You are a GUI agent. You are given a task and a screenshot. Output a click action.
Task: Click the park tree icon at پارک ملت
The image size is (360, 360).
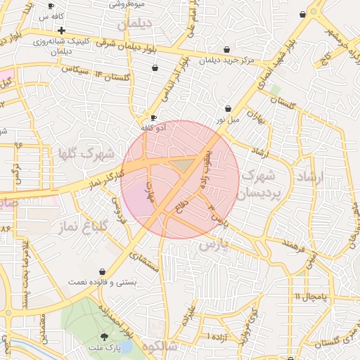coord(105,337)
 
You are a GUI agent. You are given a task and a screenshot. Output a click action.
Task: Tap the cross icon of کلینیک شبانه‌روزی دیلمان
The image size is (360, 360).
coord(62,30)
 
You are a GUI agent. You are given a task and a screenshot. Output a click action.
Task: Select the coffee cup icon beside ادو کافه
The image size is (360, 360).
coord(154,117)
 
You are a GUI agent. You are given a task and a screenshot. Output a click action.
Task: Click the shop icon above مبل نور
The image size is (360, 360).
coord(229,109)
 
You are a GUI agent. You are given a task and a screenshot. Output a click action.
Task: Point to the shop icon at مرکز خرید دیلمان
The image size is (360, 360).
coord(226,50)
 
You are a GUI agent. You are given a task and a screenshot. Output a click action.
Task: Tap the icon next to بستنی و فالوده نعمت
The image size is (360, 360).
coord(103,271)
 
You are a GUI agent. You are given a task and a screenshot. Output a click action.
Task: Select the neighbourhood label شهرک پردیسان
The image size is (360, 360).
coord(262,183)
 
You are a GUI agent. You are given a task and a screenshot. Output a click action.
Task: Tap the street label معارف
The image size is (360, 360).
coord(148,191)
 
